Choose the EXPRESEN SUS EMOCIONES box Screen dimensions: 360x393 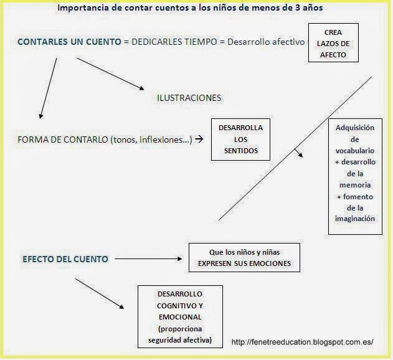(245, 258)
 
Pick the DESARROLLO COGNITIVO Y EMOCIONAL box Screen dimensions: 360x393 (180, 316)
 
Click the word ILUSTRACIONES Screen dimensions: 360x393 (189, 98)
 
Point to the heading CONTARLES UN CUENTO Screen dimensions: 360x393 (69, 42)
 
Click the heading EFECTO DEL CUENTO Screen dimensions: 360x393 (65, 258)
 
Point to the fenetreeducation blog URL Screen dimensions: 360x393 (302, 342)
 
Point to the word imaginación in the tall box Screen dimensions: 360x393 (354, 219)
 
